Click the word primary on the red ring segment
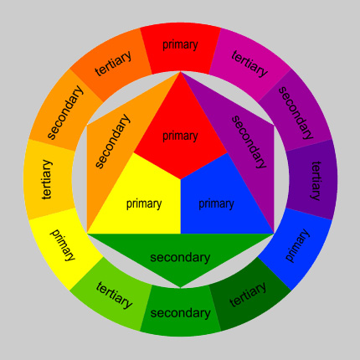point(180,45)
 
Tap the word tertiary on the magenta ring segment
point(249,64)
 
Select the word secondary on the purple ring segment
point(296,113)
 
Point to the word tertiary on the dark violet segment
point(316,181)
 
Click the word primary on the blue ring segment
point(297,245)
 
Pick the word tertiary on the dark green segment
point(248,294)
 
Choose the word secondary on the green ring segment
point(180,313)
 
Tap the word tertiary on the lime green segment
point(114,295)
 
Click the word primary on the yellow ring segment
point(63,245)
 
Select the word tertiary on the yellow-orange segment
point(47,179)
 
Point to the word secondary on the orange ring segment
point(64,112)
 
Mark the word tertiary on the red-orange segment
point(113,64)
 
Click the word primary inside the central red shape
point(180,136)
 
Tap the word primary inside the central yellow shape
point(144,204)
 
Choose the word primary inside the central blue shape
point(216,204)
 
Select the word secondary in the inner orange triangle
point(112,141)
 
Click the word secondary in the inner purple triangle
point(249,141)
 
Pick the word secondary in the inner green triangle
point(180,257)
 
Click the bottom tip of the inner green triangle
point(181,287)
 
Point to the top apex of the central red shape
point(181,72)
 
